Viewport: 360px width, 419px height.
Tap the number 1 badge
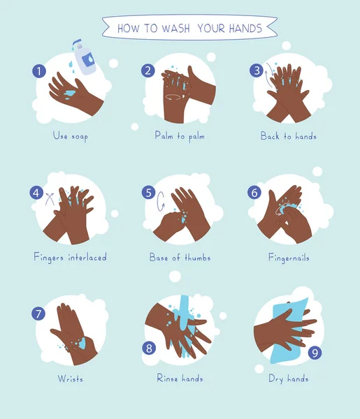(39, 71)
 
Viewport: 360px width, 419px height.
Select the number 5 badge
(148, 193)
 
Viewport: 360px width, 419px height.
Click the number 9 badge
(315, 353)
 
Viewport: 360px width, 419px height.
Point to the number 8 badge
(149, 348)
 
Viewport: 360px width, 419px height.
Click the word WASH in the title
(175, 28)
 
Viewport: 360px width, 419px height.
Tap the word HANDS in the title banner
(245, 28)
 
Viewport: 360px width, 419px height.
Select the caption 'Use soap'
(71, 136)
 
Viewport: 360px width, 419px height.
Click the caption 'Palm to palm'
(180, 136)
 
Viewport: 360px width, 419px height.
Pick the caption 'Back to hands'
(288, 136)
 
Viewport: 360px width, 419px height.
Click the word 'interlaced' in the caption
(87, 257)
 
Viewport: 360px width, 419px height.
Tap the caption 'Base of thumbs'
(180, 257)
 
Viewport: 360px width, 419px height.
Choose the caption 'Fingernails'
(289, 258)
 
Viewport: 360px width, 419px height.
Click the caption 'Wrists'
(71, 378)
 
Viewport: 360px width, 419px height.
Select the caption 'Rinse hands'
(180, 378)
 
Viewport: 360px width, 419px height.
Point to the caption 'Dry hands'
(289, 379)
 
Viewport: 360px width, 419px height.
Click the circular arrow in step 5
(160, 201)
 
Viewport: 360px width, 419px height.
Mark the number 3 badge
(257, 71)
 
